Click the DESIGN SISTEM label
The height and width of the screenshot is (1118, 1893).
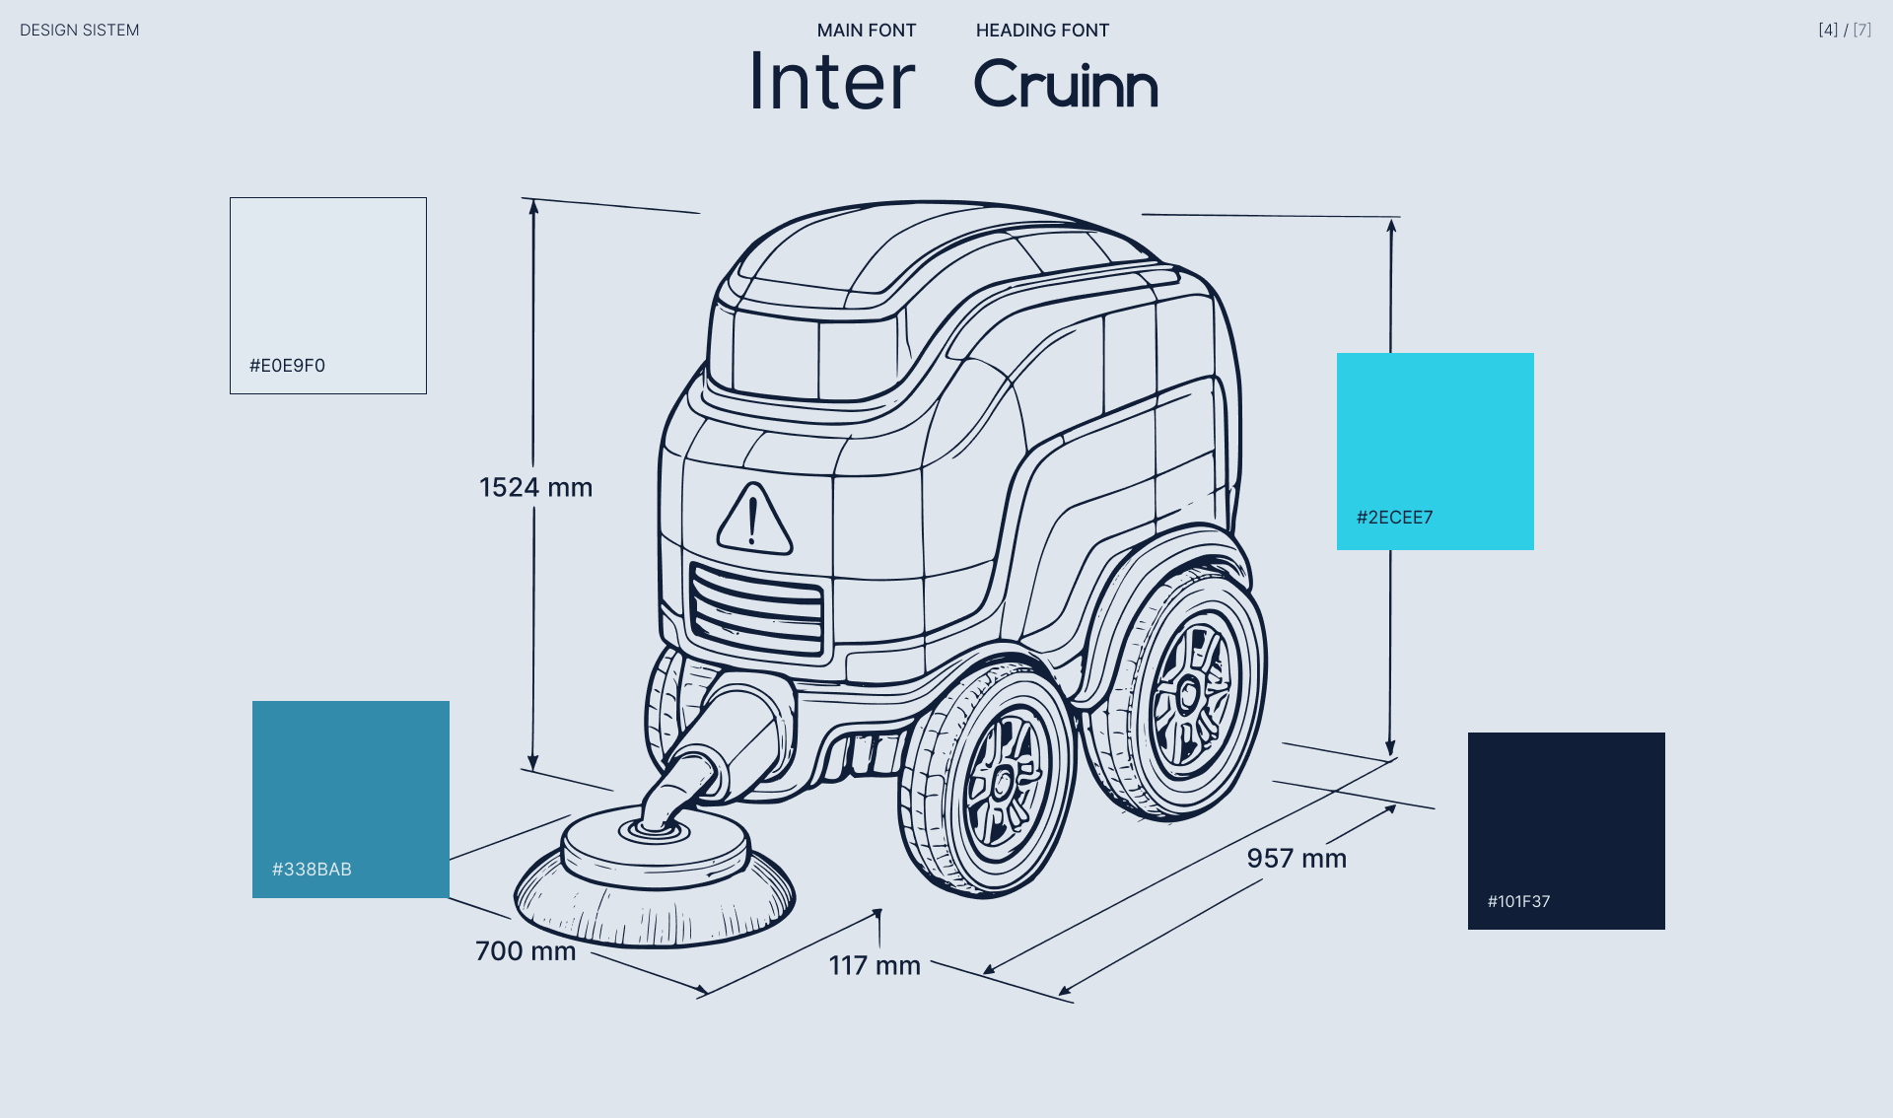coord(79,31)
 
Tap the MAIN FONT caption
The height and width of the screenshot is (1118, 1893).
coord(866,31)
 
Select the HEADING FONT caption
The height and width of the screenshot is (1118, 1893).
coord(1042,31)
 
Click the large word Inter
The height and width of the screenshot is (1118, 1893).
coord(832,83)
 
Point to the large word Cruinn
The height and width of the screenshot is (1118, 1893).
coord(1065,85)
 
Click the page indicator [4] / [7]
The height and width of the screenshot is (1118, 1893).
coord(1844,30)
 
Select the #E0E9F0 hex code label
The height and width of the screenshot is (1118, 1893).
coord(287,366)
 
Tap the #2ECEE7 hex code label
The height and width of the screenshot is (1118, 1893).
coord(1394,518)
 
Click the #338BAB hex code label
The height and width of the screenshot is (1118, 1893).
coord(312,870)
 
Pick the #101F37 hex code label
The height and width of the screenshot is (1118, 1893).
coord(1518,901)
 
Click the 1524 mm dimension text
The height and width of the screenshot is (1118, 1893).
coord(535,487)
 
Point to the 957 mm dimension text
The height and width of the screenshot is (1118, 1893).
coord(1296,859)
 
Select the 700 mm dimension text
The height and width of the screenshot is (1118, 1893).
coord(525,951)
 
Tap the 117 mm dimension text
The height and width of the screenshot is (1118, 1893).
coord(874,966)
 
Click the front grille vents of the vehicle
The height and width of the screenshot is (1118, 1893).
coord(756,606)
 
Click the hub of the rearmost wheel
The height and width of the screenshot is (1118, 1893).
coord(1188,694)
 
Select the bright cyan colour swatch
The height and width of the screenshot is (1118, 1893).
coord(1435,434)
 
